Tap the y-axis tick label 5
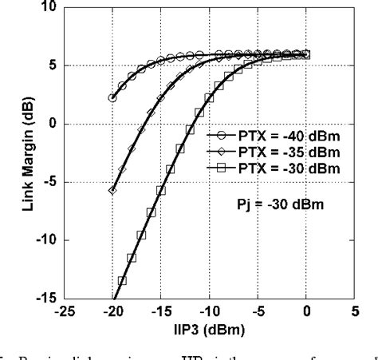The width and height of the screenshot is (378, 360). [50, 65]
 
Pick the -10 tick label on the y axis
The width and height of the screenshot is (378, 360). [45, 240]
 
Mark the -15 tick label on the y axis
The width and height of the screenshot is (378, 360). [45, 299]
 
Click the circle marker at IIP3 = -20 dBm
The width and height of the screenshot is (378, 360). [112, 98]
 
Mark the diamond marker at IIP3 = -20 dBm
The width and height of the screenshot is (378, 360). [112, 191]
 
